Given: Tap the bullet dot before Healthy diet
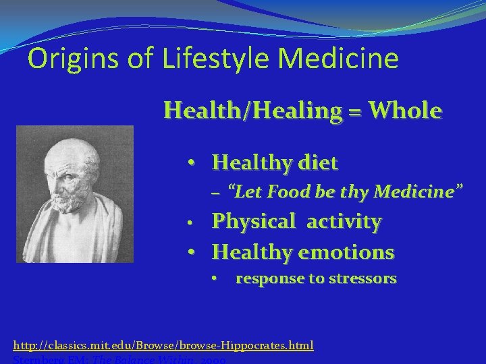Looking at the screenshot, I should [x=192, y=162].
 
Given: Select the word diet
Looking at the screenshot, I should [x=315, y=162].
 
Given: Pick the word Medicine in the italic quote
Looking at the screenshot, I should [x=417, y=192].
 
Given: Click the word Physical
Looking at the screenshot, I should [x=254, y=221].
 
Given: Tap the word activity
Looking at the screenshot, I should [x=344, y=221].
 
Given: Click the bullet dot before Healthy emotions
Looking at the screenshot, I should [x=192, y=252].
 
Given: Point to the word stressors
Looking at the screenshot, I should [x=363, y=278].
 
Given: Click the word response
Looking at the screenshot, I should [x=268, y=279].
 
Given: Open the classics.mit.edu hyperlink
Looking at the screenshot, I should [x=163, y=345].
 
